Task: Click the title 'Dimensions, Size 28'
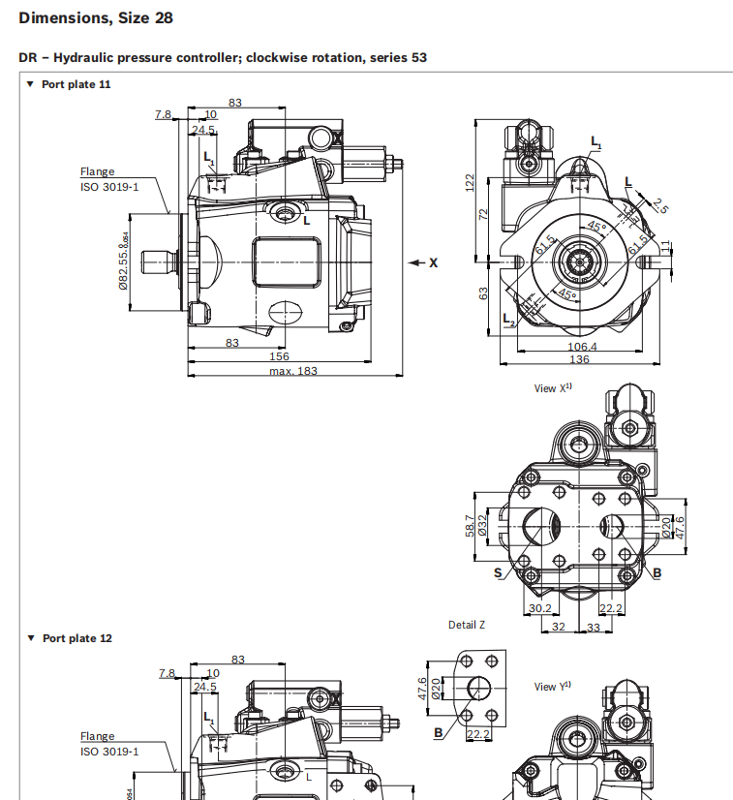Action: point(96,17)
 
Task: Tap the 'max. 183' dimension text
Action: point(292,371)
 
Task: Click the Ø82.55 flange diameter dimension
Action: point(124,262)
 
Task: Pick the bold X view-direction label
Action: point(433,262)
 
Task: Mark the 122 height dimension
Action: point(470,182)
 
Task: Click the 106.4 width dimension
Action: point(582,347)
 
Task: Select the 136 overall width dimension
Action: point(580,360)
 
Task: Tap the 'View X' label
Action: point(553,388)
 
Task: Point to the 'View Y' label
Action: point(552,687)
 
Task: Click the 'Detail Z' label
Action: point(467,625)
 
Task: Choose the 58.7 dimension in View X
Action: point(470,525)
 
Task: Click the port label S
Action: point(498,573)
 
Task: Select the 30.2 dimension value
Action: point(539,608)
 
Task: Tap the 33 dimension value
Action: point(594,627)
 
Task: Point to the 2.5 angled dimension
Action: point(659,205)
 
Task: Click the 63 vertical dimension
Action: point(484,292)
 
